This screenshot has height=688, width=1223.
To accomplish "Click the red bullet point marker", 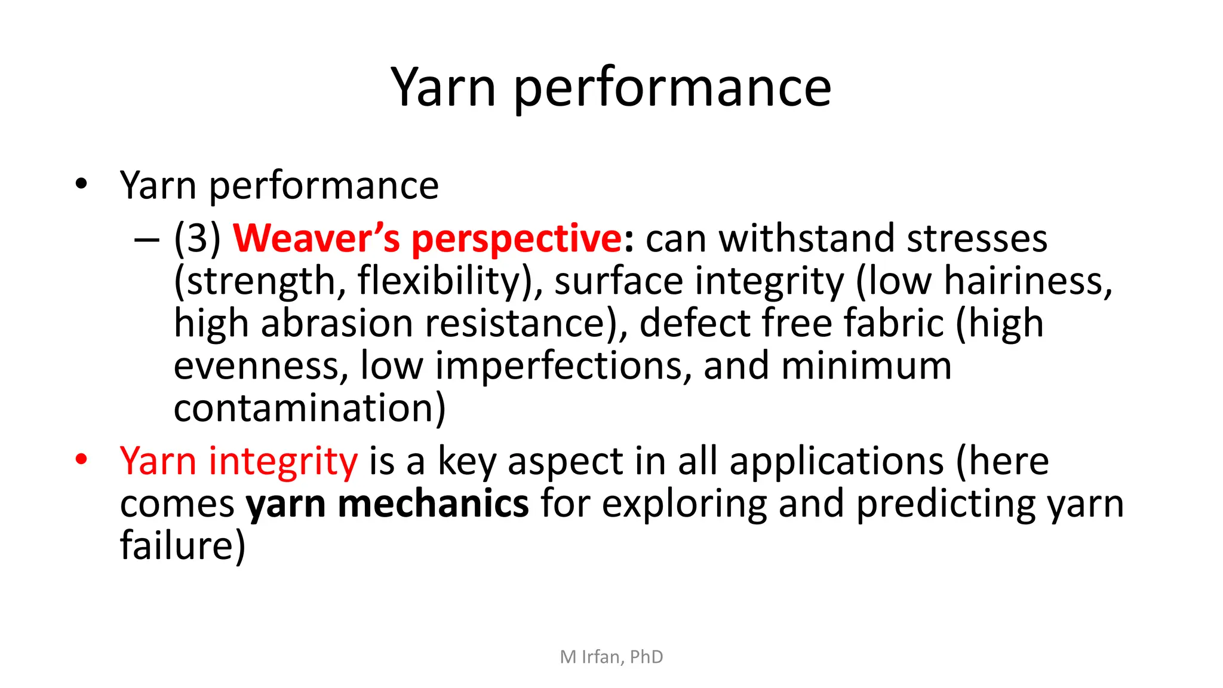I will (81, 459).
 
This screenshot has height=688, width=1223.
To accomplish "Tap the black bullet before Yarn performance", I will (81, 183).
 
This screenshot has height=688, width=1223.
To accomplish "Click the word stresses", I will (977, 238).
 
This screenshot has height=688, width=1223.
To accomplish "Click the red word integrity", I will (283, 463).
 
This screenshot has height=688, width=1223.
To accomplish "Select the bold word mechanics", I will (434, 503).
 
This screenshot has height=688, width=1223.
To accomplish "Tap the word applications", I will (837, 463).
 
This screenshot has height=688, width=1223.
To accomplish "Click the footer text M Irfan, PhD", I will (611, 657).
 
